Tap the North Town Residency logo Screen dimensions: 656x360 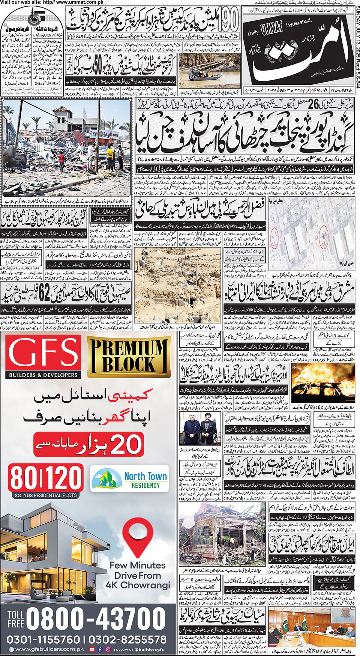pyautogui.click(x=129, y=478)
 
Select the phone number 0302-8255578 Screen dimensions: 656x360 pyautogui.click(x=127, y=639)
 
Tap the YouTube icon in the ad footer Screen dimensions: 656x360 pyautogui.click(x=92, y=649)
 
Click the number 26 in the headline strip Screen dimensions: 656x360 pyautogui.click(x=313, y=104)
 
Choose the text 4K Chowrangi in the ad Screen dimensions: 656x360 pyautogui.click(x=138, y=585)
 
